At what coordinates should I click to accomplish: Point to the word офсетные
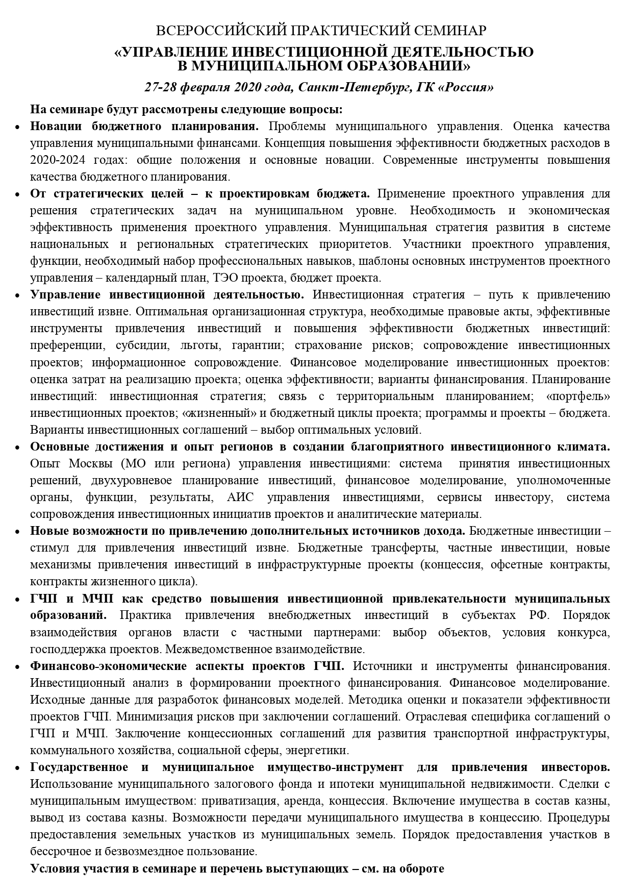pyautogui.click(x=522, y=565)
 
